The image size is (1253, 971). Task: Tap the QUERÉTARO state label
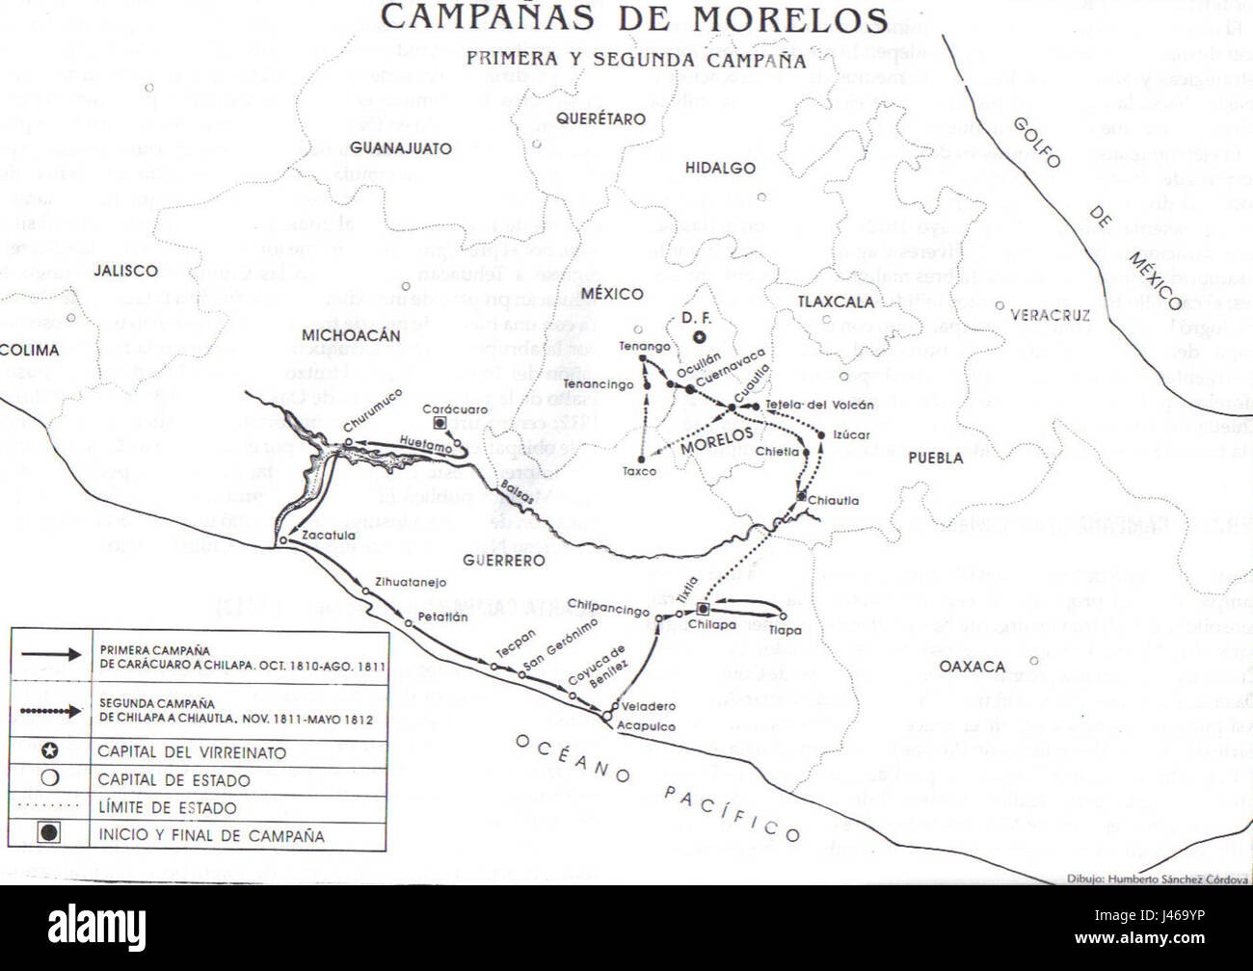click(600, 119)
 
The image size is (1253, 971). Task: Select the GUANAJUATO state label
click(400, 148)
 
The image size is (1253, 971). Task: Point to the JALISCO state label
click(125, 271)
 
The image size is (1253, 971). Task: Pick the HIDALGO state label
click(719, 169)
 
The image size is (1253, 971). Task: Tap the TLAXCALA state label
click(835, 302)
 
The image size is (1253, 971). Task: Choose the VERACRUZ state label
click(1050, 315)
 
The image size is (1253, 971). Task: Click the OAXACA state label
click(972, 667)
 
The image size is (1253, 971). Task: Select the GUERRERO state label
click(503, 560)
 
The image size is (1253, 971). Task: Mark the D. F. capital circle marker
click(702, 337)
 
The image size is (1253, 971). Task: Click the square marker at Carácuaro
click(440, 423)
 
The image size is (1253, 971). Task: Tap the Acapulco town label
click(646, 726)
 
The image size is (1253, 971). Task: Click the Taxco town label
click(639, 471)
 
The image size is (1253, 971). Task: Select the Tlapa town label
click(785, 631)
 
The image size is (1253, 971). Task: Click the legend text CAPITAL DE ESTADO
click(173, 780)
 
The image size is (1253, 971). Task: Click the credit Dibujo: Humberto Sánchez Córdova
click(1157, 879)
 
